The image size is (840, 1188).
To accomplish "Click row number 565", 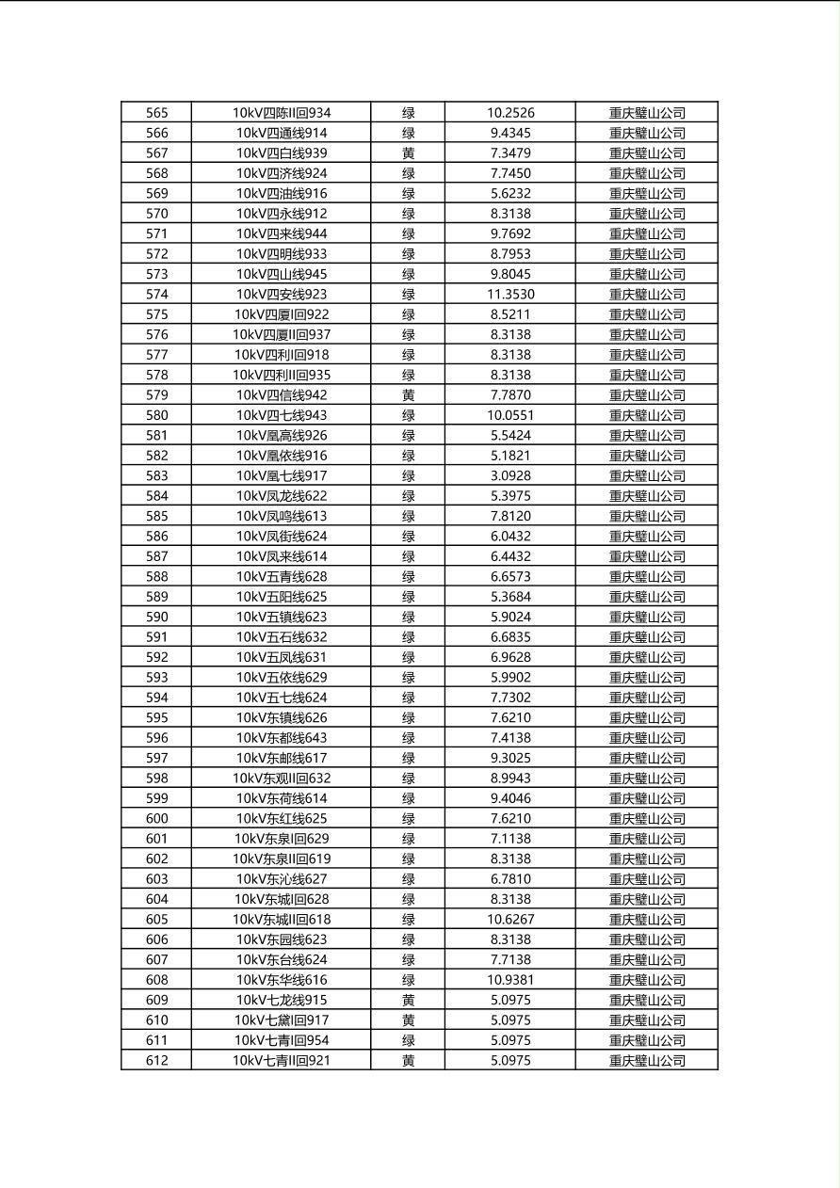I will click(157, 113).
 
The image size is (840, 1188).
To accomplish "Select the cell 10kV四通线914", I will click(282, 134).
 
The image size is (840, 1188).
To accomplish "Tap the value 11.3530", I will click(510, 295).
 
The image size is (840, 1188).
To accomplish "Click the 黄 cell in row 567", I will click(409, 153).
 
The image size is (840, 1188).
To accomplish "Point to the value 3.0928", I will click(510, 476).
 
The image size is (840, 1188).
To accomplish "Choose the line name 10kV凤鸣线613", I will click(282, 516).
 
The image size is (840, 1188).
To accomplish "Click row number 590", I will click(157, 617).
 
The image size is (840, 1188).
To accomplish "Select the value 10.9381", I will click(510, 980).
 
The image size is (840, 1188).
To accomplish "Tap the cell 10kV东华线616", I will click(282, 980).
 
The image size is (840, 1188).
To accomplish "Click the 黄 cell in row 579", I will click(409, 395).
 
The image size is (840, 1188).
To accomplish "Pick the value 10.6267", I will click(510, 920).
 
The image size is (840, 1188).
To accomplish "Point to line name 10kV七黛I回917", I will click(282, 1020).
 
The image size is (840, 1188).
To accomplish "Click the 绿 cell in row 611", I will click(409, 1040).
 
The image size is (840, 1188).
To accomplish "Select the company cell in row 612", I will click(647, 1061).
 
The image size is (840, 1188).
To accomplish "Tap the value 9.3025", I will click(510, 758).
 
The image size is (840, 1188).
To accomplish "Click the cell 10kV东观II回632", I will click(282, 779).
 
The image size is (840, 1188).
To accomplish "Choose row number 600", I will click(157, 819).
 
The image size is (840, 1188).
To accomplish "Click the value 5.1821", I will click(510, 456).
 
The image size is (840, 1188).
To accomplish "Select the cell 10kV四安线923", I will click(282, 295).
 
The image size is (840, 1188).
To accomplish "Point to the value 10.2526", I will click(510, 113).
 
